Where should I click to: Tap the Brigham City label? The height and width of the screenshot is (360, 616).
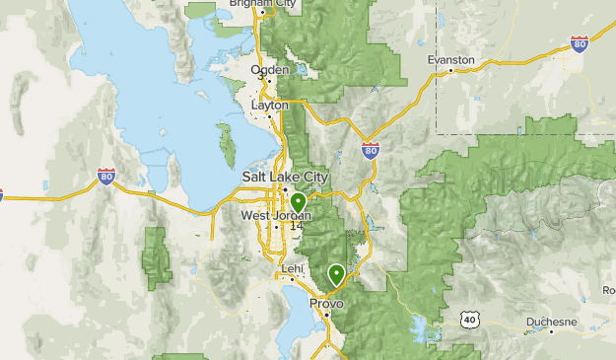click(262, 4)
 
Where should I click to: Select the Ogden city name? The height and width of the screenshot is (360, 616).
click(270, 69)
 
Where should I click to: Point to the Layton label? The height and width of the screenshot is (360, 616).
click(270, 104)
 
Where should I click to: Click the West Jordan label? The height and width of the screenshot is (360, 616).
click(275, 215)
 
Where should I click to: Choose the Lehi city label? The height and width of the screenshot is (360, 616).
click(292, 268)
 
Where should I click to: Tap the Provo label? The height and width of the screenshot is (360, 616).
click(326, 304)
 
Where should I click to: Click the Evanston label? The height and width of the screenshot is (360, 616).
click(450, 59)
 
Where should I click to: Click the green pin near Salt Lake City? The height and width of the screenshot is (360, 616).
click(298, 204)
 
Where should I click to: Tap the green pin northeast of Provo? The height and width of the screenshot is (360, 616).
click(336, 273)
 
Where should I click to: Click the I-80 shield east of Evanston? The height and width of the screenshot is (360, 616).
click(580, 43)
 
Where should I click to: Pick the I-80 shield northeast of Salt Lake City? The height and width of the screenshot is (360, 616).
click(370, 150)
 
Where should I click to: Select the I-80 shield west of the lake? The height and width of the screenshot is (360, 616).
click(106, 177)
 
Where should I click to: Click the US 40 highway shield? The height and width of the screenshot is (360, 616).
click(469, 320)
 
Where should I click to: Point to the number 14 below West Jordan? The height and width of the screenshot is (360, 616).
click(296, 227)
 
